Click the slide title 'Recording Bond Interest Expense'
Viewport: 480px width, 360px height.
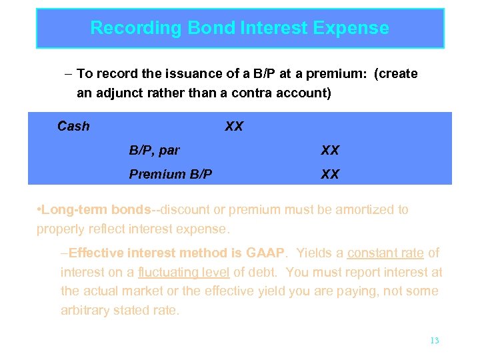[239, 28]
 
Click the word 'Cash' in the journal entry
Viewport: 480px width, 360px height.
[73, 126]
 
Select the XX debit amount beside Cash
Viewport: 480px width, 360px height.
[234, 126]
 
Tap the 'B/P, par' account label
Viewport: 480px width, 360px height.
[154, 150]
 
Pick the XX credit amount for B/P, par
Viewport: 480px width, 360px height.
[330, 150]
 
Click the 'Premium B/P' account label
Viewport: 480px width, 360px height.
[171, 174]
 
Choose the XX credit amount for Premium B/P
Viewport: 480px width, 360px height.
[330, 174]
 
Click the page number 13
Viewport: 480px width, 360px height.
[435, 340]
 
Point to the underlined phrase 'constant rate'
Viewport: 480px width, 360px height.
[385, 253]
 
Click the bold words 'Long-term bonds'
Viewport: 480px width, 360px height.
[97, 210]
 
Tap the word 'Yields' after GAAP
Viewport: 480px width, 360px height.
[313, 253]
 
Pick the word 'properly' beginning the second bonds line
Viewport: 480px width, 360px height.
[61, 229]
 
